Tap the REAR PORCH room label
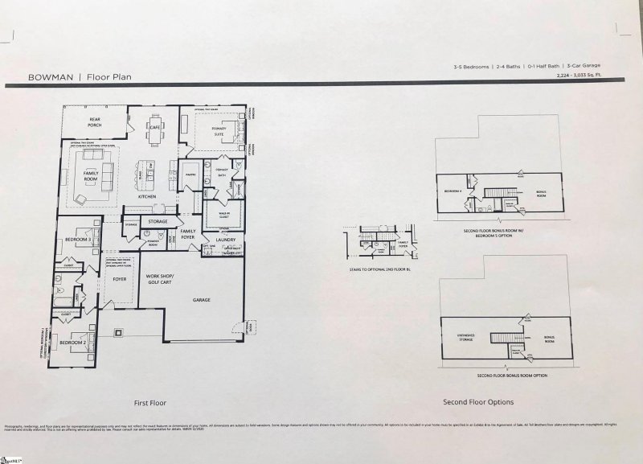[x=100, y=121]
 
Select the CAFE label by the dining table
[x=155, y=127]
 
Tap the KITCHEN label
[x=146, y=196]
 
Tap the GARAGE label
[x=201, y=298]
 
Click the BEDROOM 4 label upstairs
[x=453, y=191]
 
